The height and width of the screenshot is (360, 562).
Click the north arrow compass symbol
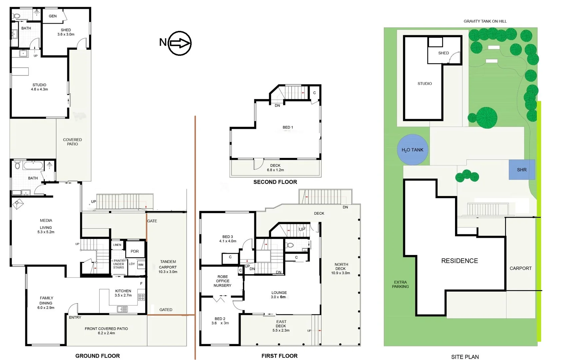tap(180, 43)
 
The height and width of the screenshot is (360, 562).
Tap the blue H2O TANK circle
tap(412, 150)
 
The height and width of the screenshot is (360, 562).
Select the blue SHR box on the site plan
tap(522, 170)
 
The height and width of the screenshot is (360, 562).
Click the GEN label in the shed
tap(53, 16)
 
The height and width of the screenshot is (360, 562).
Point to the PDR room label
tap(135, 251)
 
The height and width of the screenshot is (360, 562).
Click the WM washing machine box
tap(141, 265)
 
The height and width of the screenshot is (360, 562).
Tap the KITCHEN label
tap(123, 291)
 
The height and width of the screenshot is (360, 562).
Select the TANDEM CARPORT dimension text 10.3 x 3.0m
tap(168, 272)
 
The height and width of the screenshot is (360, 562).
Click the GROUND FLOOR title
tap(98, 356)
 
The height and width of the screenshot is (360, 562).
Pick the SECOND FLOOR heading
tap(275, 182)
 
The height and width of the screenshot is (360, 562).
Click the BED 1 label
tap(288, 127)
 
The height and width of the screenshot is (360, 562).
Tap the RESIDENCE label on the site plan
tap(460, 261)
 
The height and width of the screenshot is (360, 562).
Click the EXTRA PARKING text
tap(400, 284)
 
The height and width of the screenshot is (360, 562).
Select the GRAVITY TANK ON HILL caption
tap(485, 21)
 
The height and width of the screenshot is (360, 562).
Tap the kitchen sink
tap(122, 309)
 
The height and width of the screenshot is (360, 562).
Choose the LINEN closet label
tap(117, 245)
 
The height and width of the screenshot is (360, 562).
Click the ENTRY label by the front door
tap(75, 317)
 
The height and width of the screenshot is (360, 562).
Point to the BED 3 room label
tap(228, 237)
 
